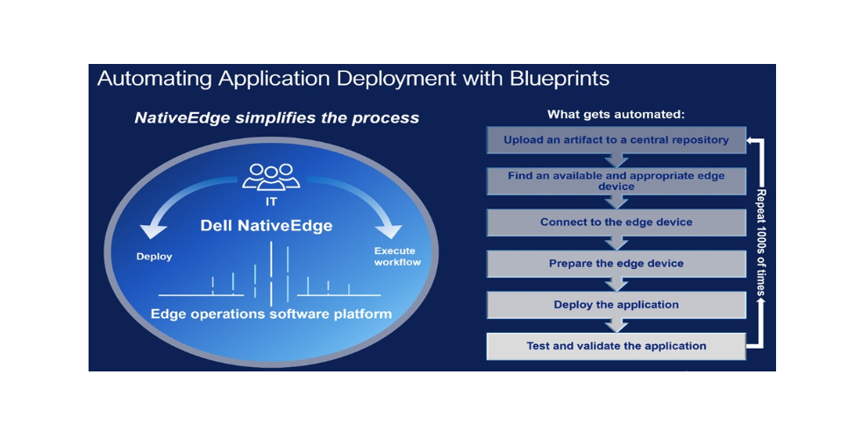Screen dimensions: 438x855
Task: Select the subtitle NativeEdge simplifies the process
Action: pos(276,117)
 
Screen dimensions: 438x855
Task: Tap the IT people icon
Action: pos(271,176)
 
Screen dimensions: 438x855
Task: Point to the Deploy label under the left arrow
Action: pos(153,257)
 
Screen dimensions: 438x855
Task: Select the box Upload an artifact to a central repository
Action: pos(616,139)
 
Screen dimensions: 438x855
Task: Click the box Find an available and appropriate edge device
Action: pos(616,180)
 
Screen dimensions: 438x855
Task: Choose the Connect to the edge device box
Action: pos(616,223)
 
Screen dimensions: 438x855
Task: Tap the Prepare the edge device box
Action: pos(616,264)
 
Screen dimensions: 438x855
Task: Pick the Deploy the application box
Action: pos(616,305)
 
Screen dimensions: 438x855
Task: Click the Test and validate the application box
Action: pos(616,346)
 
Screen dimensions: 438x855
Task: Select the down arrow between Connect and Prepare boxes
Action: pos(616,243)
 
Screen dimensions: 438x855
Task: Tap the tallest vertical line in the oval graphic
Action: pos(272,271)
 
